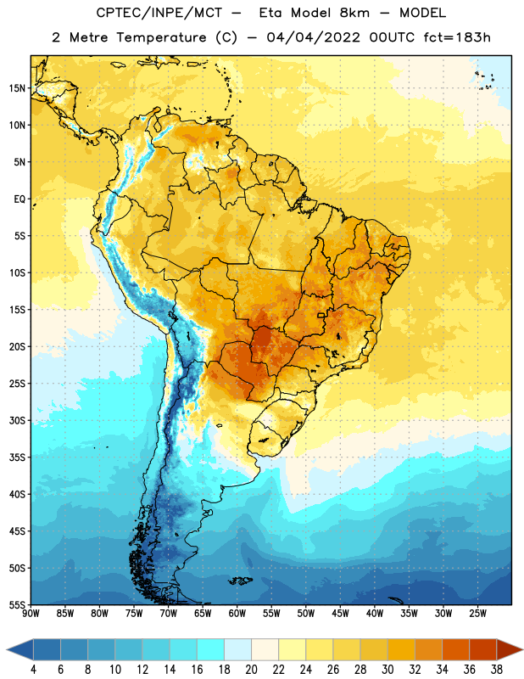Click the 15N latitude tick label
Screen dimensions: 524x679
[x=17, y=88]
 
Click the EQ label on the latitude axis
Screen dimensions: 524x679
[x=20, y=199]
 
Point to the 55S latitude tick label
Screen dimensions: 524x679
[x=17, y=604]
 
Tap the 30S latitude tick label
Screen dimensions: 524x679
[x=17, y=420]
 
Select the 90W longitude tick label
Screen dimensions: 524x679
[x=31, y=614]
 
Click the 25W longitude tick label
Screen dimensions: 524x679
[x=477, y=614]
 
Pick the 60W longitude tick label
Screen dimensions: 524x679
[x=237, y=614]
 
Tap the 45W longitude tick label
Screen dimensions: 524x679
[x=340, y=614]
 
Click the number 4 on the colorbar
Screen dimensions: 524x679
[x=33, y=670]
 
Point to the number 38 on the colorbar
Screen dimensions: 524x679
[x=497, y=670]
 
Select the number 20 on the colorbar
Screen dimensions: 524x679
[x=251, y=670]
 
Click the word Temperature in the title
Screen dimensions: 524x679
[x=161, y=37]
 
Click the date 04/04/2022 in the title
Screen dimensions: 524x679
[x=313, y=37]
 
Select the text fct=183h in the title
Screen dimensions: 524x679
[x=457, y=37]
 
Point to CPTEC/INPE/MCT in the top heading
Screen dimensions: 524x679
[x=159, y=13]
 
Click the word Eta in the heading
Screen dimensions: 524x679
[x=271, y=13]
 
